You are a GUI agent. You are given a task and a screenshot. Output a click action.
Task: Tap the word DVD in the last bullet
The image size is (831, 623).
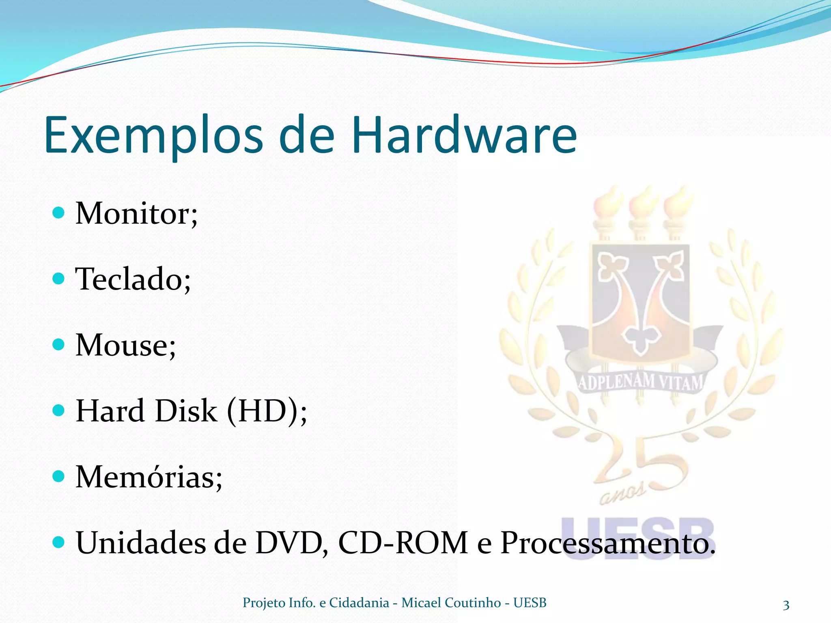(x=291, y=543)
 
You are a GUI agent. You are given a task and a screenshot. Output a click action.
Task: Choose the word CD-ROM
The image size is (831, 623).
(x=403, y=543)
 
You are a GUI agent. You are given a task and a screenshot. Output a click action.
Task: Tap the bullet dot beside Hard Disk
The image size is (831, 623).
(x=59, y=410)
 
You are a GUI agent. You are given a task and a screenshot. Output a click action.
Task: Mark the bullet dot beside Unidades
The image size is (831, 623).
(x=59, y=542)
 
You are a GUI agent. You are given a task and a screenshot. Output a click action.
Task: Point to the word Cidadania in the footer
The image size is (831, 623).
(x=359, y=603)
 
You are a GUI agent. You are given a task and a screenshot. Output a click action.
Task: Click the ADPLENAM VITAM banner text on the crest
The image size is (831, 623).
(x=640, y=382)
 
